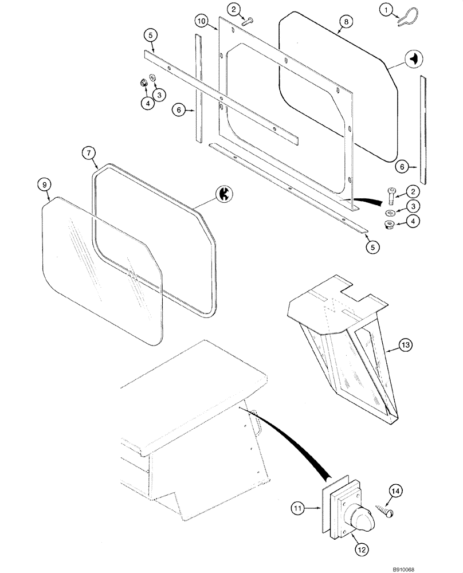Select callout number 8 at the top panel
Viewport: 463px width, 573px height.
coord(344,21)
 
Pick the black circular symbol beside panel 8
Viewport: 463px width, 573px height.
coord(414,58)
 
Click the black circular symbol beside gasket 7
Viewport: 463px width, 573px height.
coord(225,195)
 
